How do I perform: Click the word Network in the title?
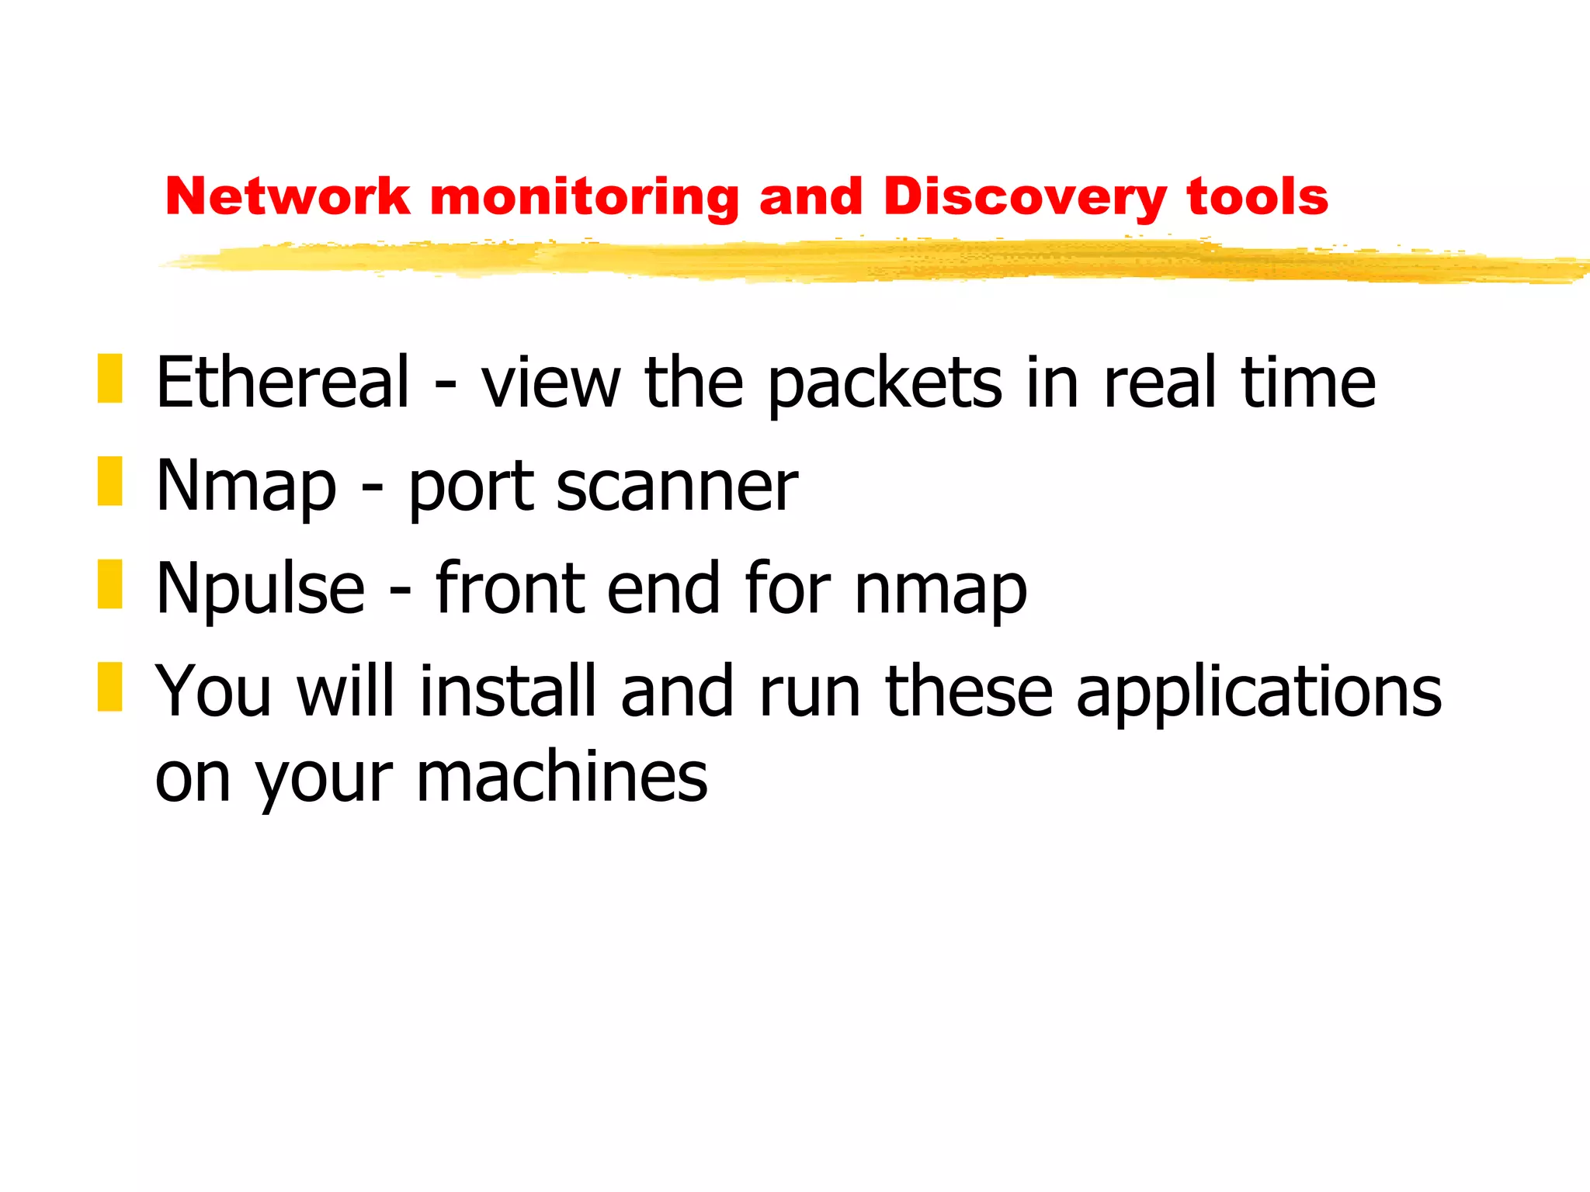click(287, 196)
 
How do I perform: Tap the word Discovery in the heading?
click(1024, 198)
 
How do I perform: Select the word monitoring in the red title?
click(584, 198)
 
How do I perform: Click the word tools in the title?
click(1258, 196)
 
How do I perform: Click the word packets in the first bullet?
click(885, 383)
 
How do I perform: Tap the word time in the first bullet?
click(1308, 382)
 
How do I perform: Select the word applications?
click(1258, 693)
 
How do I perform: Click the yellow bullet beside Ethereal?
click(110, 379)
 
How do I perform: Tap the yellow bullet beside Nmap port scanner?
click(110, 481)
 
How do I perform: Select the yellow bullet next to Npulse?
click(110, 584)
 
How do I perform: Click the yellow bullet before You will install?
click(110, 687)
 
